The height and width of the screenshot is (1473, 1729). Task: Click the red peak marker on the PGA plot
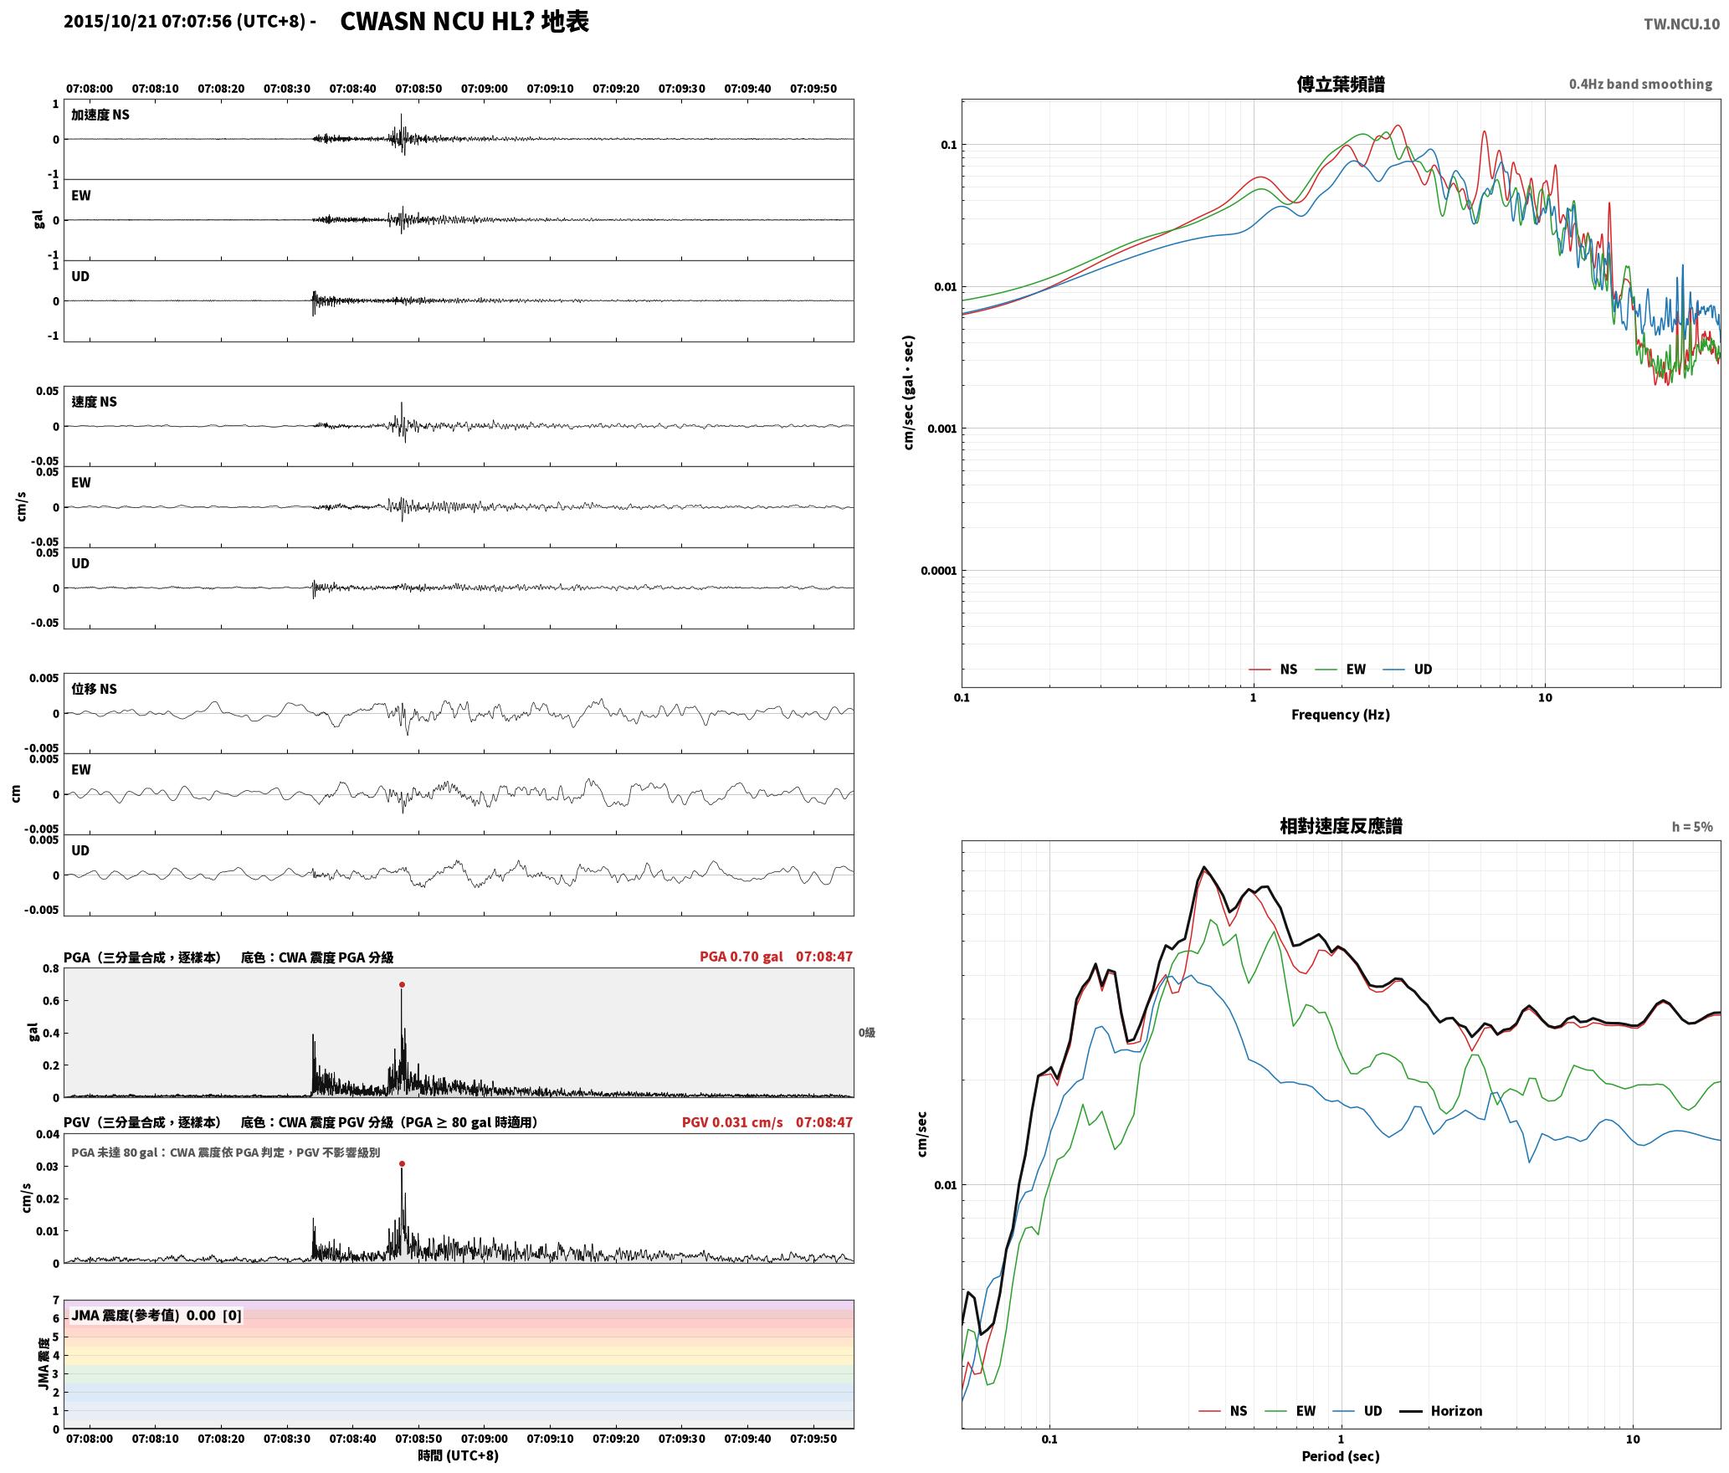click(x=402, y=985)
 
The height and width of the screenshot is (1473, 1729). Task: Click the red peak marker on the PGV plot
click(x=402, y=1163)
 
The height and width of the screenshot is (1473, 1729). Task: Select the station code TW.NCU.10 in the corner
click(x=1681, y=23)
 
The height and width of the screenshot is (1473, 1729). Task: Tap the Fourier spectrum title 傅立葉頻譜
click(x=1340, y=84)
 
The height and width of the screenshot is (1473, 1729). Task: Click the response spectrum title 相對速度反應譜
click(x=1341, y=826)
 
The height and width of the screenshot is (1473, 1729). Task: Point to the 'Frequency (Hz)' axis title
click(x=1340, y=715)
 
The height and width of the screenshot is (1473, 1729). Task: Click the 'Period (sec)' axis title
click(x=1340, y=1456)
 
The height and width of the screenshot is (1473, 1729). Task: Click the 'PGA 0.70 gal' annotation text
click(x=741, y=957)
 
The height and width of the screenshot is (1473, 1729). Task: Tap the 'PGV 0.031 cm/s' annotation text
click(x=732, y=1122)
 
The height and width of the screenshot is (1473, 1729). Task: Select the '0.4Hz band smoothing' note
click(x=1640, y=84)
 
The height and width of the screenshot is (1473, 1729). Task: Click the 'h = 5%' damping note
click(x=1692, y=827)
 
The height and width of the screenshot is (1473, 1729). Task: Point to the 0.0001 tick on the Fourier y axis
click(x=938, y=571)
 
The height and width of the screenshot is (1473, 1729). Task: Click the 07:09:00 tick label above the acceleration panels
click(x=484, y=89)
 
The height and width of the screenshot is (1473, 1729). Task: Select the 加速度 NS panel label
click(x=100, y=115)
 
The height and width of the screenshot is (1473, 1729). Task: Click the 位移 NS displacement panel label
click(x=95, y=689)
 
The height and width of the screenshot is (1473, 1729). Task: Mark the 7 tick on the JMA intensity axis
click(x=56, y=1301)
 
